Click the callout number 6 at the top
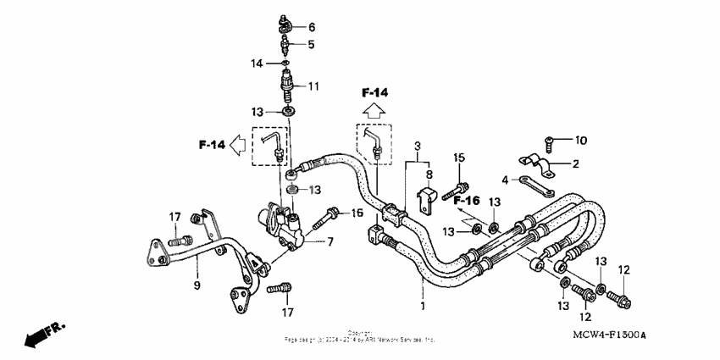tap(312, 27)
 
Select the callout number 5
tap(311, 44)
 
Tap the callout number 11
tap(313, 86)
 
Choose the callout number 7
tap(330, 242)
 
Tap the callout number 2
tap(575, 163)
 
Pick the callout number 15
tap(458, 158)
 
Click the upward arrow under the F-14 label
tap(374, 109)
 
